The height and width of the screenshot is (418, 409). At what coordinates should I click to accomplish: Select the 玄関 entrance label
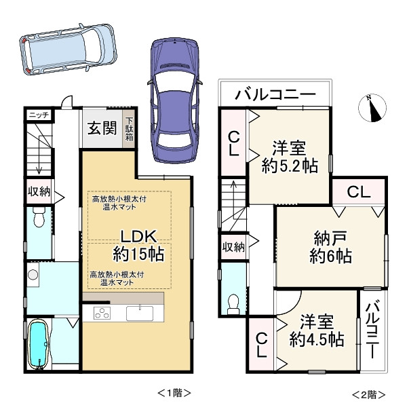[x=102, y=128]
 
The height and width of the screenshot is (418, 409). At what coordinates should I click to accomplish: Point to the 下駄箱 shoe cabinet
[x=128, y=129]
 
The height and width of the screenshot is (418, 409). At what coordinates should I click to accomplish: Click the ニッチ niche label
[x=37, y=115]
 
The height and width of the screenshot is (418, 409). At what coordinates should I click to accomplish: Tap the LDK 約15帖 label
[x=140, y=245]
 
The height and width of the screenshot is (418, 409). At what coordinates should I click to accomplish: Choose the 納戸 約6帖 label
[x=330, y=247]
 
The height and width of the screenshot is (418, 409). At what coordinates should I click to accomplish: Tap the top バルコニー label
[x=275, y=94]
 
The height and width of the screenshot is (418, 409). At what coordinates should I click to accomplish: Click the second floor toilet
[x=233, y=302]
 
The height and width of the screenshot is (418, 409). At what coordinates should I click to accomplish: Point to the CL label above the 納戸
[x=359, y=192]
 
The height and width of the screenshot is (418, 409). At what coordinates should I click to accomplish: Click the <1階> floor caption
[x=174, y=394]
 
